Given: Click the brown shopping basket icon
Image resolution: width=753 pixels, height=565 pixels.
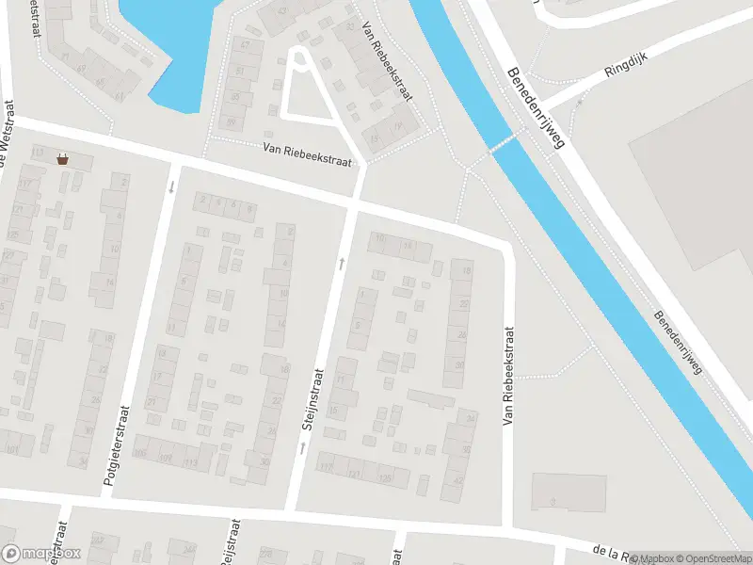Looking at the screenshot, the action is [x=62, y=159].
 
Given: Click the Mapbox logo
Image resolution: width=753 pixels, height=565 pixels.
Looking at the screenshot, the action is [x=41, y=554].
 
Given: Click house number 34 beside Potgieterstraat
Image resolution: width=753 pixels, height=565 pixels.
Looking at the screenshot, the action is [x=82, y=461].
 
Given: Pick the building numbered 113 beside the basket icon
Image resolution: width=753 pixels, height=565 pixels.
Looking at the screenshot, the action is [x=38, y=153].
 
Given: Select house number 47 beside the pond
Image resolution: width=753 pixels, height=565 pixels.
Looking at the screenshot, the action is [x=247, y=44].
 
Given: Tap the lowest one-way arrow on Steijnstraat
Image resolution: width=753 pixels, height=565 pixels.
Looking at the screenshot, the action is [x=302, y=448].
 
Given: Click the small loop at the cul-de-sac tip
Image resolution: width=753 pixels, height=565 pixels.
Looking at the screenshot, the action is [x=299, y=58].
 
